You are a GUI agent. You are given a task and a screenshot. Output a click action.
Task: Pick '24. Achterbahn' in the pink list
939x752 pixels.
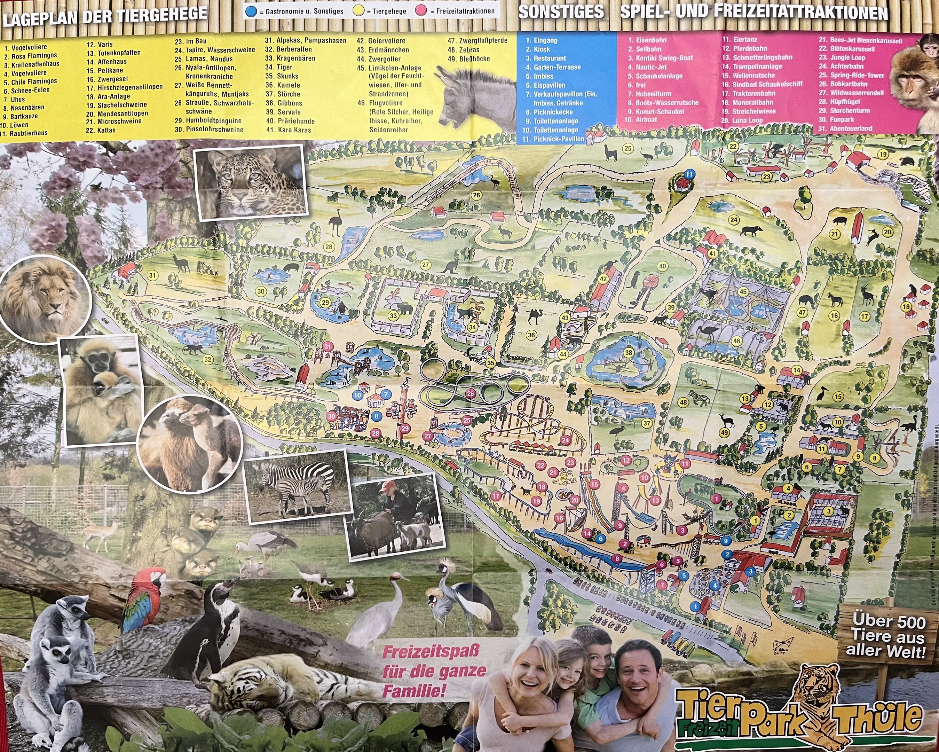(846, 66)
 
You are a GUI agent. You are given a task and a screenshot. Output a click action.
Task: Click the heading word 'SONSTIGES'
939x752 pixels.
(561, 12)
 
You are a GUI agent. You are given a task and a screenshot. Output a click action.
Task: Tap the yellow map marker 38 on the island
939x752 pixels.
(628, 352)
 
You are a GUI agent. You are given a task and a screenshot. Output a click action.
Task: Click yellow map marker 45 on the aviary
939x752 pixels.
(743, 291)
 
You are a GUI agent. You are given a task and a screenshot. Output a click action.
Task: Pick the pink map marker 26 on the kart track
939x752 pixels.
(470, 394)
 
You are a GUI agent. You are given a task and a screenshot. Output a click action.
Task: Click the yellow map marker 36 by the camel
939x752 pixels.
(530, 335)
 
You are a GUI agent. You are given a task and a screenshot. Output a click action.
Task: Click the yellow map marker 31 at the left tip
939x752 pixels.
(152, 275)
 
